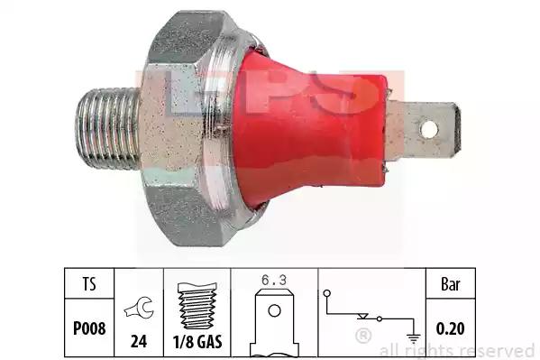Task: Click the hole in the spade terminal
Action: tap(429, 130)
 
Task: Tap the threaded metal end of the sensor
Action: tap(108, 129)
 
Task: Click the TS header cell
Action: tap(89, 284)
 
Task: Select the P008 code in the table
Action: tap(89, 328)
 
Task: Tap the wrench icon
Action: tap(139, 309)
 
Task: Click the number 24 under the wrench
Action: tap(139, 342)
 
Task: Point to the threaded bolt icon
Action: tap(197, 306)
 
